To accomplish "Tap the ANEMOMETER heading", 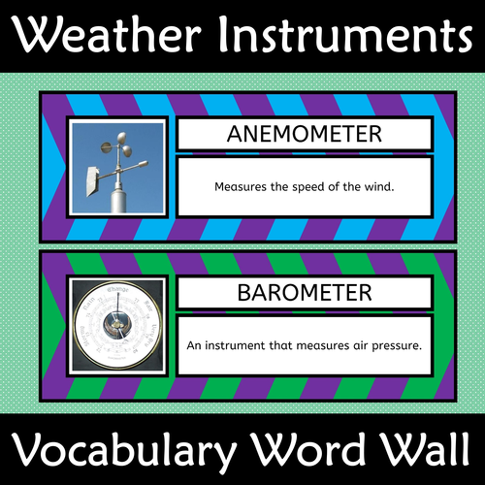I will (304, 135).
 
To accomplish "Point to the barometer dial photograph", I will (117, 324).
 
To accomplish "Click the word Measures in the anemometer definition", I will (234, 183).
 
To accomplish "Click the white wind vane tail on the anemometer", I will (93, 179).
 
